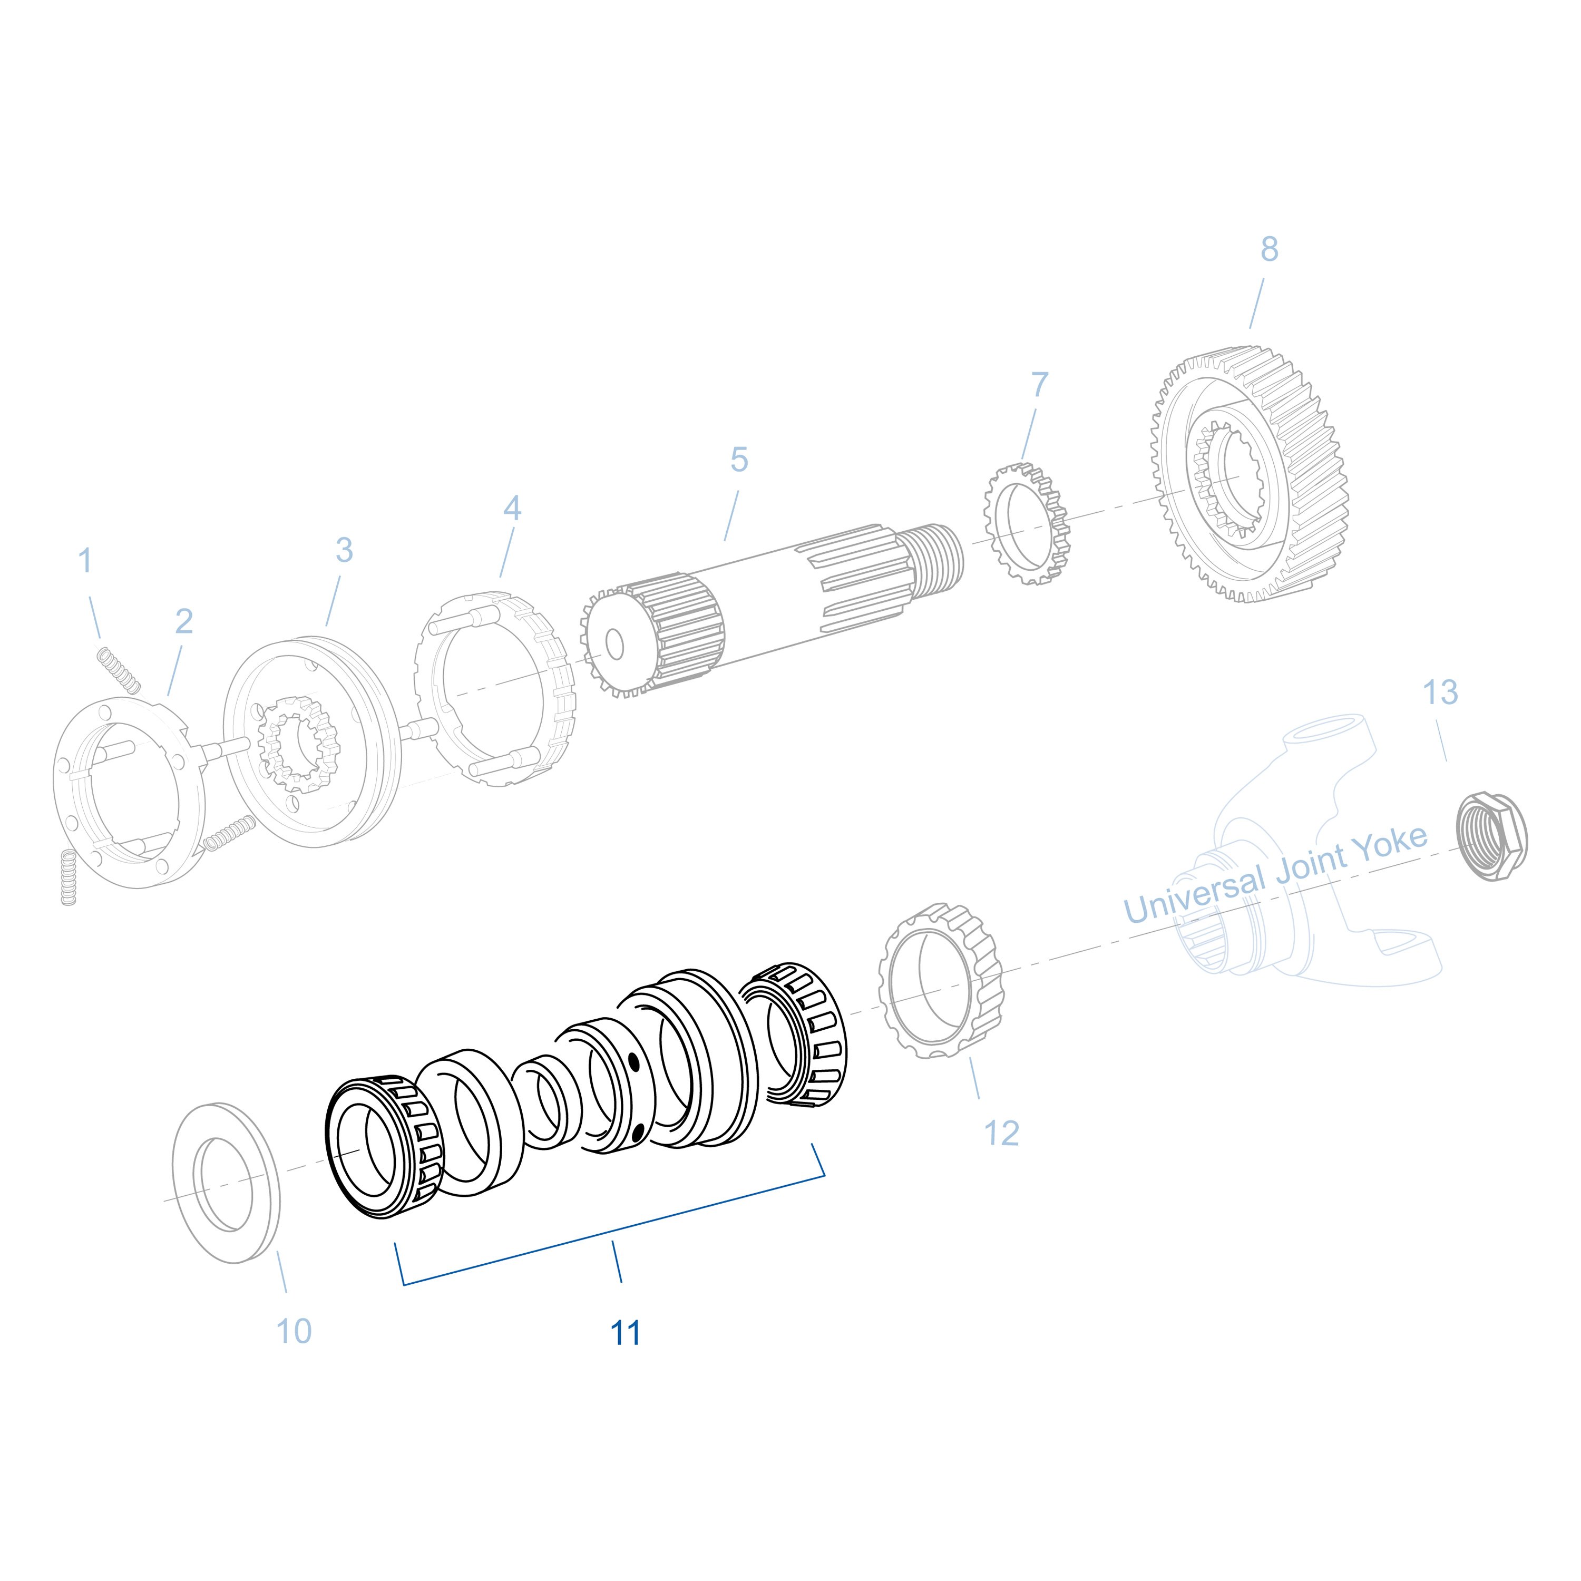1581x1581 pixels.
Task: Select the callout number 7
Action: pyautogui.click(x=1039, y=384)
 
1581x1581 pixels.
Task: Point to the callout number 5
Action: pyautogui.click(x=739, y=460)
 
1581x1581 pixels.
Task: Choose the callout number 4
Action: pyautogui.click(x=511, y=508)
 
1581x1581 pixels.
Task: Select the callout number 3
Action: pyautogui.click(x=345, y=550)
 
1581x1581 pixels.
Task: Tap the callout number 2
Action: pyautogui.click(x=184, y=621)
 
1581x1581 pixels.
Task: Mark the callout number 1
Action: pyautogui.click(x=85, y=561)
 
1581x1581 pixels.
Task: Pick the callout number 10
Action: pyautogui.click(x=294, y=1331)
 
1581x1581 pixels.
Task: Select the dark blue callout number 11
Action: pyautogui.click(x=625, y=1334)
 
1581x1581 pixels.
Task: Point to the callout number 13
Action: pyautogui.click(x=1440, y=692)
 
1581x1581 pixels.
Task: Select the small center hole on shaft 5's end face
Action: pyautogui.click(x=614, y=646)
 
